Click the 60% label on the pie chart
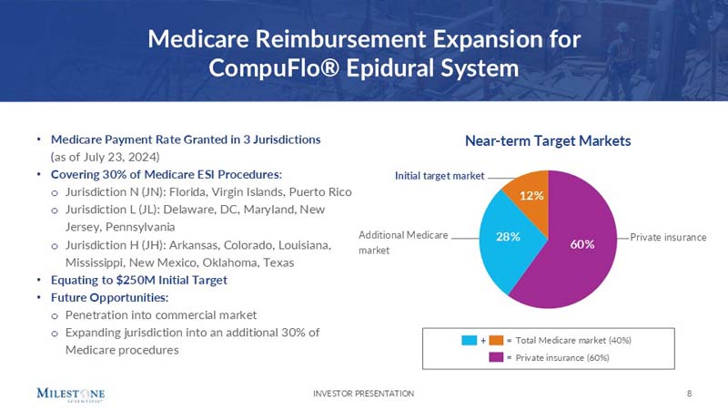[582, 244]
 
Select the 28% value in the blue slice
[507, 237]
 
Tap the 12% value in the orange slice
[531, 196]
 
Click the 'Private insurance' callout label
[668, 237]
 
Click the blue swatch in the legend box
[470, 340]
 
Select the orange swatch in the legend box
[496, 340]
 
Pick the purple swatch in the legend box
[496, 357]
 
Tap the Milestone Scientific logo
[71, 394]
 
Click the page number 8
[690, 393]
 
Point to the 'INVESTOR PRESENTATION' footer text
[363, 393]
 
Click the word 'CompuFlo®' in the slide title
[273, 68]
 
